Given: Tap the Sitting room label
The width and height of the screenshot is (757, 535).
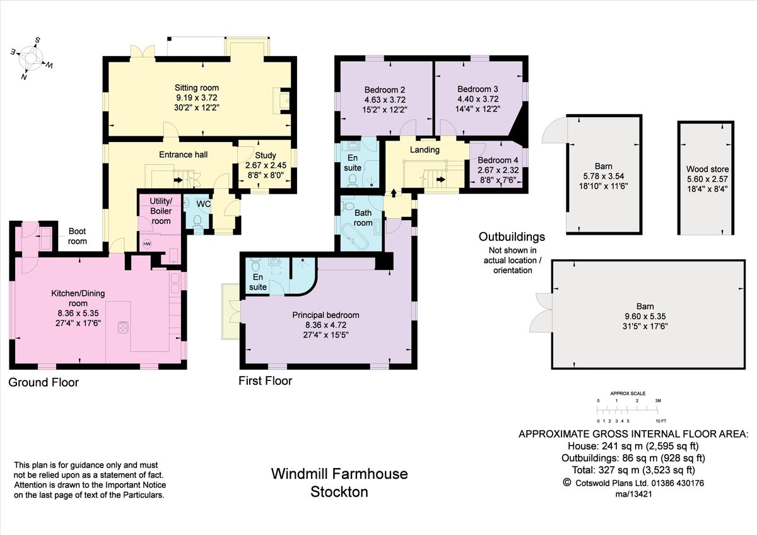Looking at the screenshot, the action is [x=197, y=88].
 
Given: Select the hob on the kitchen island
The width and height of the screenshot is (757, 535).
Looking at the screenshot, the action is [x=122, y=328].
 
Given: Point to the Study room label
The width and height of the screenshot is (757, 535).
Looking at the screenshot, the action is [x=266, y=155].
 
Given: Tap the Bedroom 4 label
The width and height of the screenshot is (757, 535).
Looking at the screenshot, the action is [x=498, y=160].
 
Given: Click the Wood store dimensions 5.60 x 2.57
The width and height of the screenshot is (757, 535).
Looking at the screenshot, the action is [x=707, y=179].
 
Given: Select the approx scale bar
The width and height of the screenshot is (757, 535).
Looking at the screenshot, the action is [x=628, y=411].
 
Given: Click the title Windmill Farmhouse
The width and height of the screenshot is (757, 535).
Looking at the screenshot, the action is [x=339, y=474].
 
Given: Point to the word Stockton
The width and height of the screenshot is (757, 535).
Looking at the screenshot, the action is [x=339, y=492].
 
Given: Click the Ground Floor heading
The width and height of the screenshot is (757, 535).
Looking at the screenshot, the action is [x=44, y=382].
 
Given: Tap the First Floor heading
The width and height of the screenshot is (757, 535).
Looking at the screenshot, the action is [x=266, y=381].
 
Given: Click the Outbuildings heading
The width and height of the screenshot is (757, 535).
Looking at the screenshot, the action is [x=512, y=237].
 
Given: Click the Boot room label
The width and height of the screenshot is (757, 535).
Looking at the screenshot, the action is [x=78, y=236].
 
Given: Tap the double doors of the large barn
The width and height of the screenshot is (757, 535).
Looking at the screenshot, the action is [x=541, y=313].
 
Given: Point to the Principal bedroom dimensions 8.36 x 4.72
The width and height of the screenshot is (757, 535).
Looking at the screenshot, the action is [x=326, y=325].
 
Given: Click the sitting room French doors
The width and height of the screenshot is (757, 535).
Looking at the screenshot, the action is [x=143, y=51].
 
